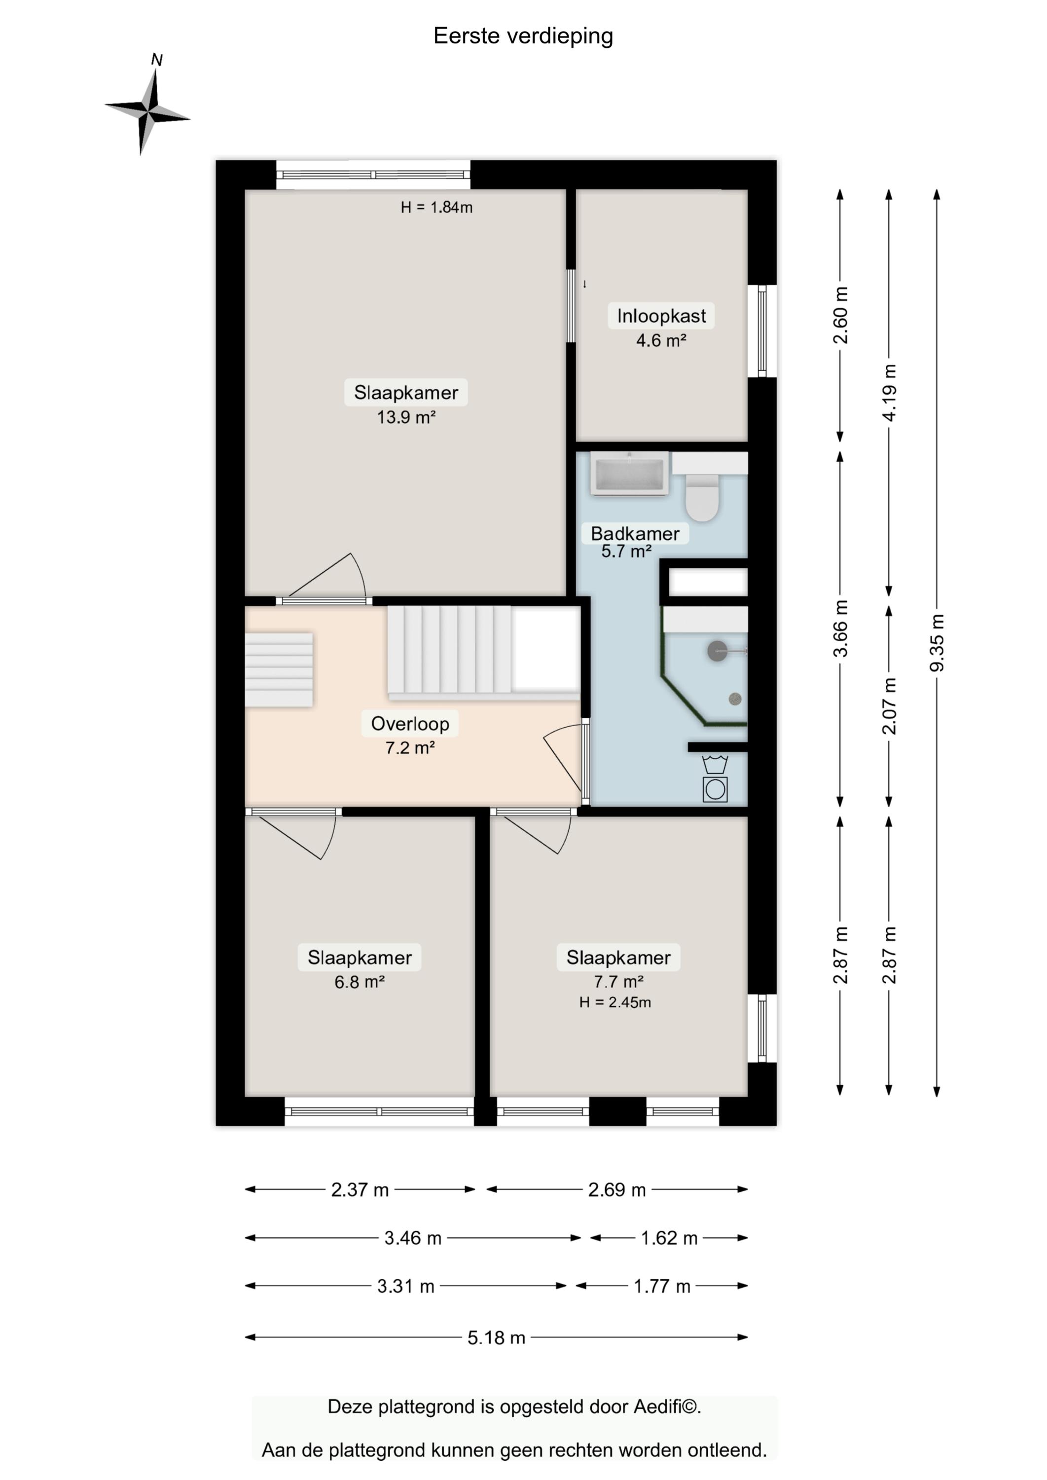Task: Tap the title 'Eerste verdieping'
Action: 523,36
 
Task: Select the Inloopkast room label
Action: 661,316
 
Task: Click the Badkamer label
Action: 635,533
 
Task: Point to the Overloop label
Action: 410,724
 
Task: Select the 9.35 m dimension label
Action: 937,642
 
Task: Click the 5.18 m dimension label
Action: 497,1337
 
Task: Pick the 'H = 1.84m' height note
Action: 436,207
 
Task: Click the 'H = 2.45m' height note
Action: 615,1002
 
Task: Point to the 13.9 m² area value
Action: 406,417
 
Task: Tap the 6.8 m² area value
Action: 360,982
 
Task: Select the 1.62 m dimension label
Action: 669,1238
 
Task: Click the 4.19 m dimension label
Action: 889,393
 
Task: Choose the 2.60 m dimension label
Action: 840,315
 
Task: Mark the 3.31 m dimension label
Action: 405,1286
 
